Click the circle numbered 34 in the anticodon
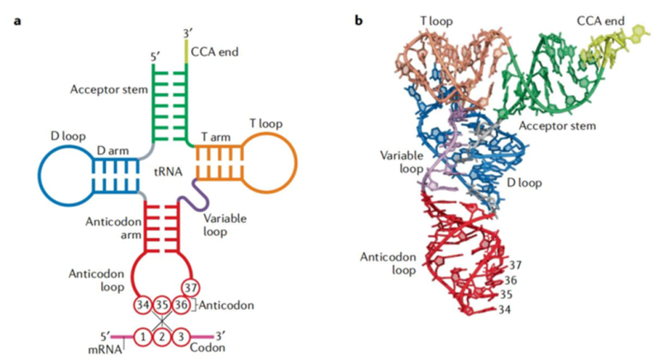(x=141, y=305)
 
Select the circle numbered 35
(x=166, y=305)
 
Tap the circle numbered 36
(x=190, y=305)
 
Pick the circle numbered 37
(x=190, y=286)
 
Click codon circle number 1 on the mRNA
(x=141, y=337)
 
